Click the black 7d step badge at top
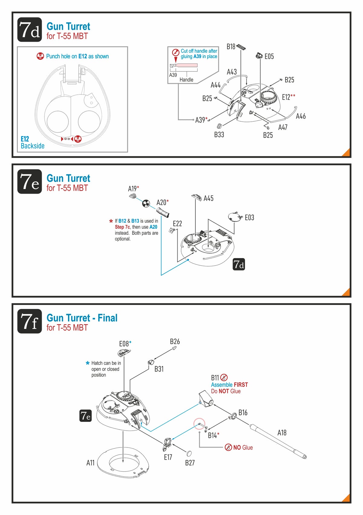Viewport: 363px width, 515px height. coord(30,30)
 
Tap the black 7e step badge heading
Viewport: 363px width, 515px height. coord(30,182)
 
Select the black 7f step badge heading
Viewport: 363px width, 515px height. coord(30,321)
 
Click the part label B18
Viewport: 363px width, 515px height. coord(231,46)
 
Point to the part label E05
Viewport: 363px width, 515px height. coord(269,56)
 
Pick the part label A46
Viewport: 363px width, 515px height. coord(300,116)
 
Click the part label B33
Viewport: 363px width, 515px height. coord(219,135)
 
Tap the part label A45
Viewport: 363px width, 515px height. coord(208,198)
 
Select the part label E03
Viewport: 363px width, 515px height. coord(249,218)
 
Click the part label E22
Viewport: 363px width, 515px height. coord(177,224)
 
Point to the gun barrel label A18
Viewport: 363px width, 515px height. coord(282,433)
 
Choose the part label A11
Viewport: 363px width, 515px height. coord(90,463)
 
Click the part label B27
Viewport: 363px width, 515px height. coord(190,463)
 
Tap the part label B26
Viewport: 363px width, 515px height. coord(175,341)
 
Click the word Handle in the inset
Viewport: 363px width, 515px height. coord(186,80)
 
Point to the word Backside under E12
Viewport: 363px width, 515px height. coord(33,146)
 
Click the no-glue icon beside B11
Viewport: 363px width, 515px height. coord(224,377)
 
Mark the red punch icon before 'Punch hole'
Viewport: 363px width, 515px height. coord(40,56)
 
